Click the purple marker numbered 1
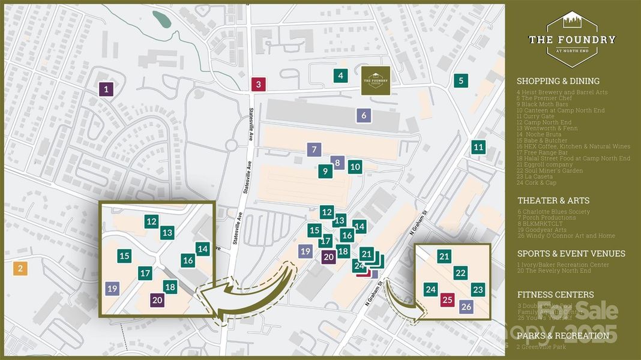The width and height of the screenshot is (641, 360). pos(106,90)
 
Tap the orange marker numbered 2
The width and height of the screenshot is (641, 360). pos(20,268)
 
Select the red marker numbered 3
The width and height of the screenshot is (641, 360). pos(258,84)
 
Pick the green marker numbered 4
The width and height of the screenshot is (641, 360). pos(341,76)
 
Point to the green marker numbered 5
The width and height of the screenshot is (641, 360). pos(461,80)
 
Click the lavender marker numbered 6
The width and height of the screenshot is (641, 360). pos(364,115)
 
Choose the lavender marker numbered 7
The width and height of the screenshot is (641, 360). pos(313,149)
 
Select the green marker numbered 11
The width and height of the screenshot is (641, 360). pos(478,147)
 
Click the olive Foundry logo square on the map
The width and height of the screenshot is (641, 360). pos(376,80)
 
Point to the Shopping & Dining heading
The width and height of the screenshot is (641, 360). pos(558,81)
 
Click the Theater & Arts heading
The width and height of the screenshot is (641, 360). pos(553,200)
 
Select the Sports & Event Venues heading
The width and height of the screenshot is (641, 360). pos(571,253)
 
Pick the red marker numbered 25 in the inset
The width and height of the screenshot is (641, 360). pos(447,300)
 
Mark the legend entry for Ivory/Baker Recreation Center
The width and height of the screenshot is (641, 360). pos(562,265)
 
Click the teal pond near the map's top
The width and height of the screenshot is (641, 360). pos(161,19)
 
